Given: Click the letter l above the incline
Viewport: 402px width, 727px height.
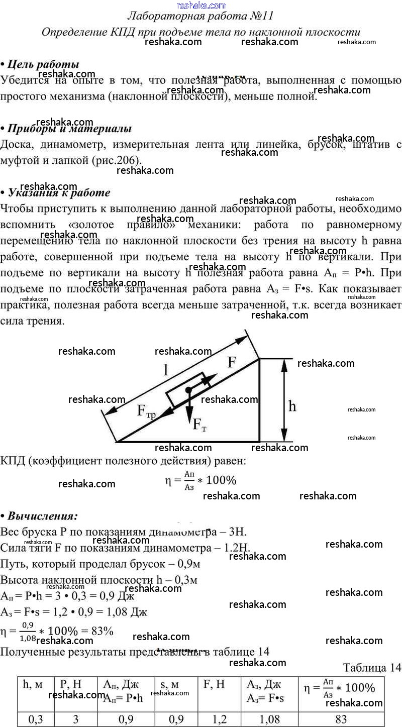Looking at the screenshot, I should click(166, 371).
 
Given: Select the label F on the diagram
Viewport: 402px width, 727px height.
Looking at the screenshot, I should click(232, 362).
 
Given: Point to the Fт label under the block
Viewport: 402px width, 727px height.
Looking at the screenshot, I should click(199, 425).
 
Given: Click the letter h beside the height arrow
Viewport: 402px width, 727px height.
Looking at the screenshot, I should click(292, 405).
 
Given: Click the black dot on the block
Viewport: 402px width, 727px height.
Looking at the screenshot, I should click(188, 390).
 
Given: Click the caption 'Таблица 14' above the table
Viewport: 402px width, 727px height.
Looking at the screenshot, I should click(372, 667).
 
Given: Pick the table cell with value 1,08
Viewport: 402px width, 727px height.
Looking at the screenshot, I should click(270, 719).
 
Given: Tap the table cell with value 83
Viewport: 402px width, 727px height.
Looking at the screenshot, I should click(341, 719).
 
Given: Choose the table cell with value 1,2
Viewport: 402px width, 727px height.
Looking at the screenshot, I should click(220, 719).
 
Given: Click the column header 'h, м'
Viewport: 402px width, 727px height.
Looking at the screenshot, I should click(33, 685).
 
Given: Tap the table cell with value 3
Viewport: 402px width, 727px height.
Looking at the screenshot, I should click(76, 719).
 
